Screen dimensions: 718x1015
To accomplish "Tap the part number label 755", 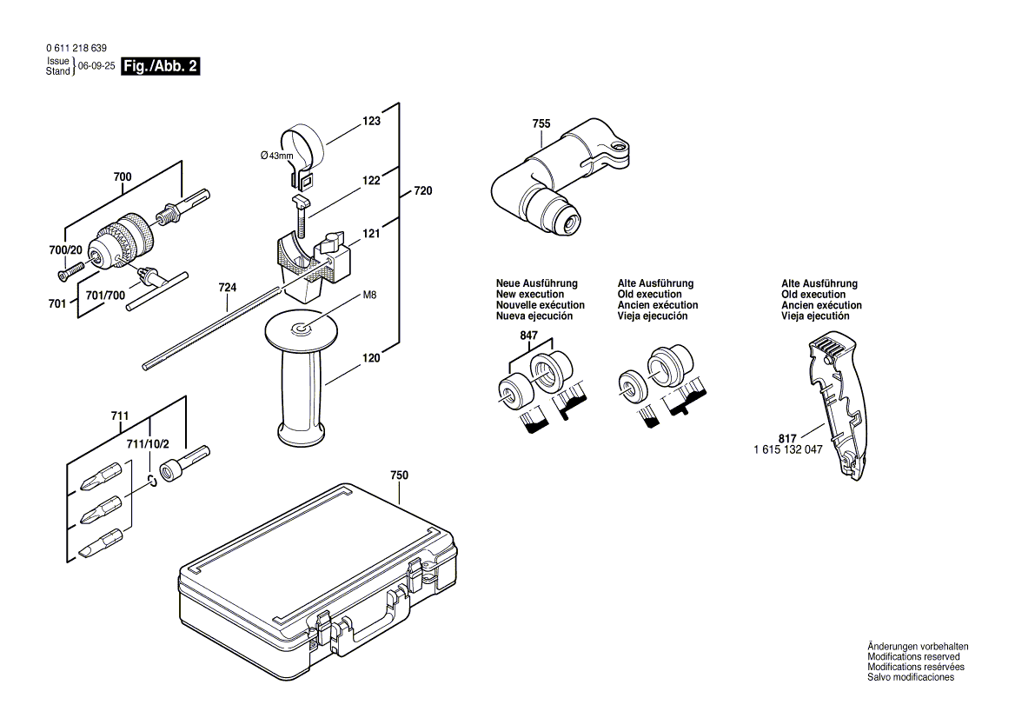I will (541, 124).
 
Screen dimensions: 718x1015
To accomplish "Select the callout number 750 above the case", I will (399, 475).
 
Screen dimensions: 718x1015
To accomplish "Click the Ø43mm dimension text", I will (277, 156).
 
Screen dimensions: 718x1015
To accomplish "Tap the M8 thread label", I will (369, 296).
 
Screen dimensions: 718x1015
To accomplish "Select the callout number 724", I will (228, 287).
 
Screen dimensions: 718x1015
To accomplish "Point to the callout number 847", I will (529, 336).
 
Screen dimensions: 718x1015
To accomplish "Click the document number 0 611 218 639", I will (76, 49).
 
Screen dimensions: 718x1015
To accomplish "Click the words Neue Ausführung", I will (536, 284).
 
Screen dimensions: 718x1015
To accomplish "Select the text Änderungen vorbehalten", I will (917, 647).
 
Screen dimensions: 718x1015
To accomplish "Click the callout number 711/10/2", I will (148, 444).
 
